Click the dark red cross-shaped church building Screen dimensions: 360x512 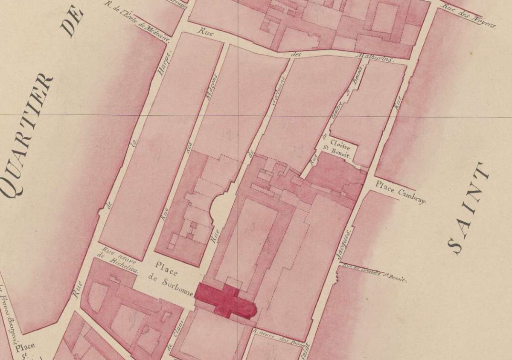tap(226, 301)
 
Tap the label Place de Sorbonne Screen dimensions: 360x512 tap(171, 281)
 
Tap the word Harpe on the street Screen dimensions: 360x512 tap(163, 59)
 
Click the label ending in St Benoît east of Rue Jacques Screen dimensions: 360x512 tap(373, 273)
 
